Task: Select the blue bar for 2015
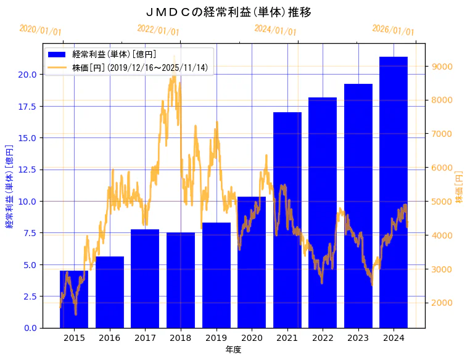(x=74, y=300)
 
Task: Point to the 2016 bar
(x=110, y=292)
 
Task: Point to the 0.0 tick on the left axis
(x=30, y=328)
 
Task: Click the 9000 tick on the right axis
(x=444, y=67)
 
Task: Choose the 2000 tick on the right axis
(x=444, y=303)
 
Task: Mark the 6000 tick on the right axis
(x=444, y=168)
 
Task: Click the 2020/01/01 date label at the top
(x=41, y=30)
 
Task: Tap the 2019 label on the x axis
(x=216, y=338)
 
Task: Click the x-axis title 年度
(x=234, y=350)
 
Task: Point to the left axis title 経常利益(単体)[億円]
(x=9, y=186)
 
